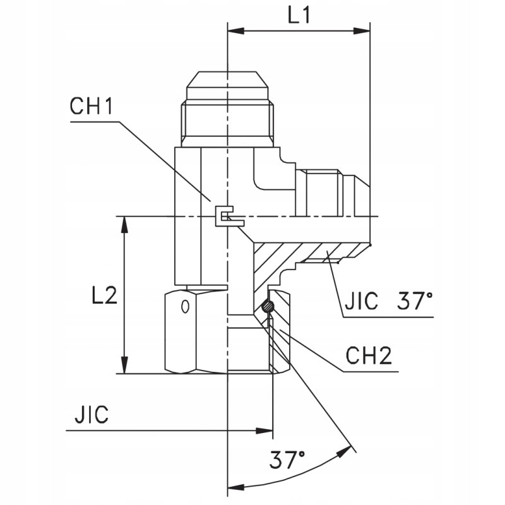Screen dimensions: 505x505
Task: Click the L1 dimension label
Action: (299, 16)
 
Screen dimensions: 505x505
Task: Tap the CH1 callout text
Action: (91, 106)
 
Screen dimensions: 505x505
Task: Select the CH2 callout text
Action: (369, 357)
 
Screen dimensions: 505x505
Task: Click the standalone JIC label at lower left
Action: (92, 415)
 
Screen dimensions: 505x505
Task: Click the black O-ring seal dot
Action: (268, 307)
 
